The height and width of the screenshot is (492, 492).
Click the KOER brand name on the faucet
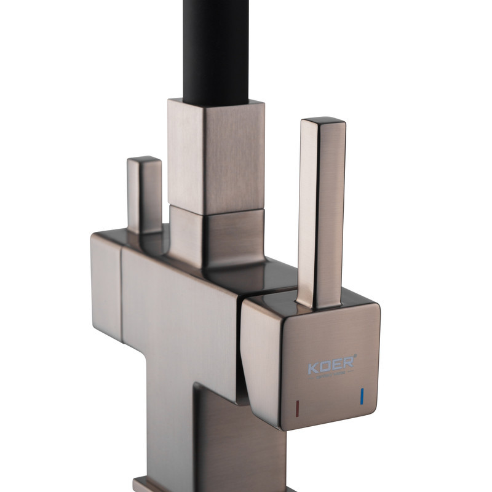(x=331, y=368)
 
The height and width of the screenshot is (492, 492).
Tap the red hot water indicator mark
(x=298, y=407)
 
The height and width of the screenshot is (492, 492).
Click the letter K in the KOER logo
(x=313, y=369)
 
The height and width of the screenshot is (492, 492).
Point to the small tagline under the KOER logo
(x=331, y=377)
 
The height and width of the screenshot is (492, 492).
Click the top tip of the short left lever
(x=145, y=161)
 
